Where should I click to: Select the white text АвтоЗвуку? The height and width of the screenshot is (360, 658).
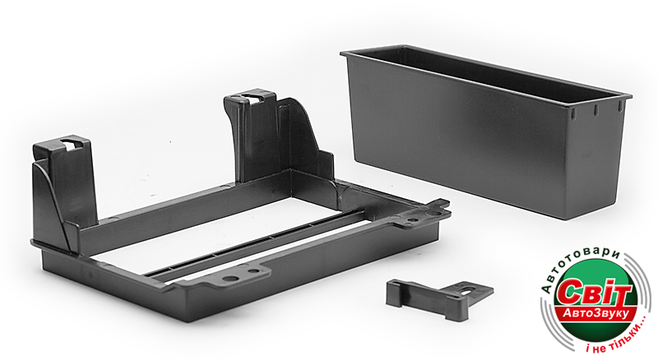click(x=595, y=313)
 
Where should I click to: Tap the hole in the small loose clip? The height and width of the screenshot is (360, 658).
click(x=466, y=288)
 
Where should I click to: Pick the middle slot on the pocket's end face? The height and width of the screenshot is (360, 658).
click(x=595, y=110)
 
